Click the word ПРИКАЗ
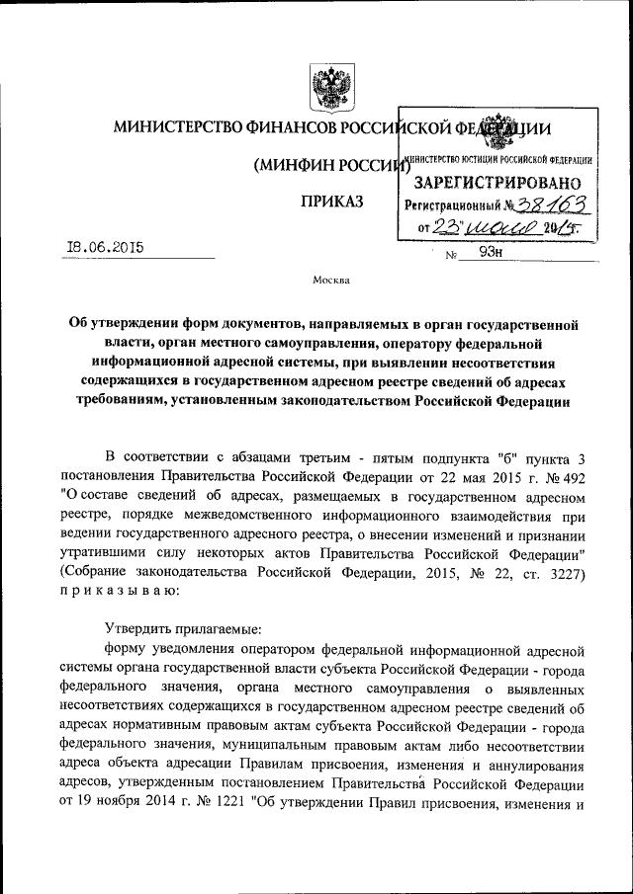331,203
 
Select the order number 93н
491,252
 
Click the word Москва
330,280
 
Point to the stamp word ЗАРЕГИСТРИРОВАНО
497,183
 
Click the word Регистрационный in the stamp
452,205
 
